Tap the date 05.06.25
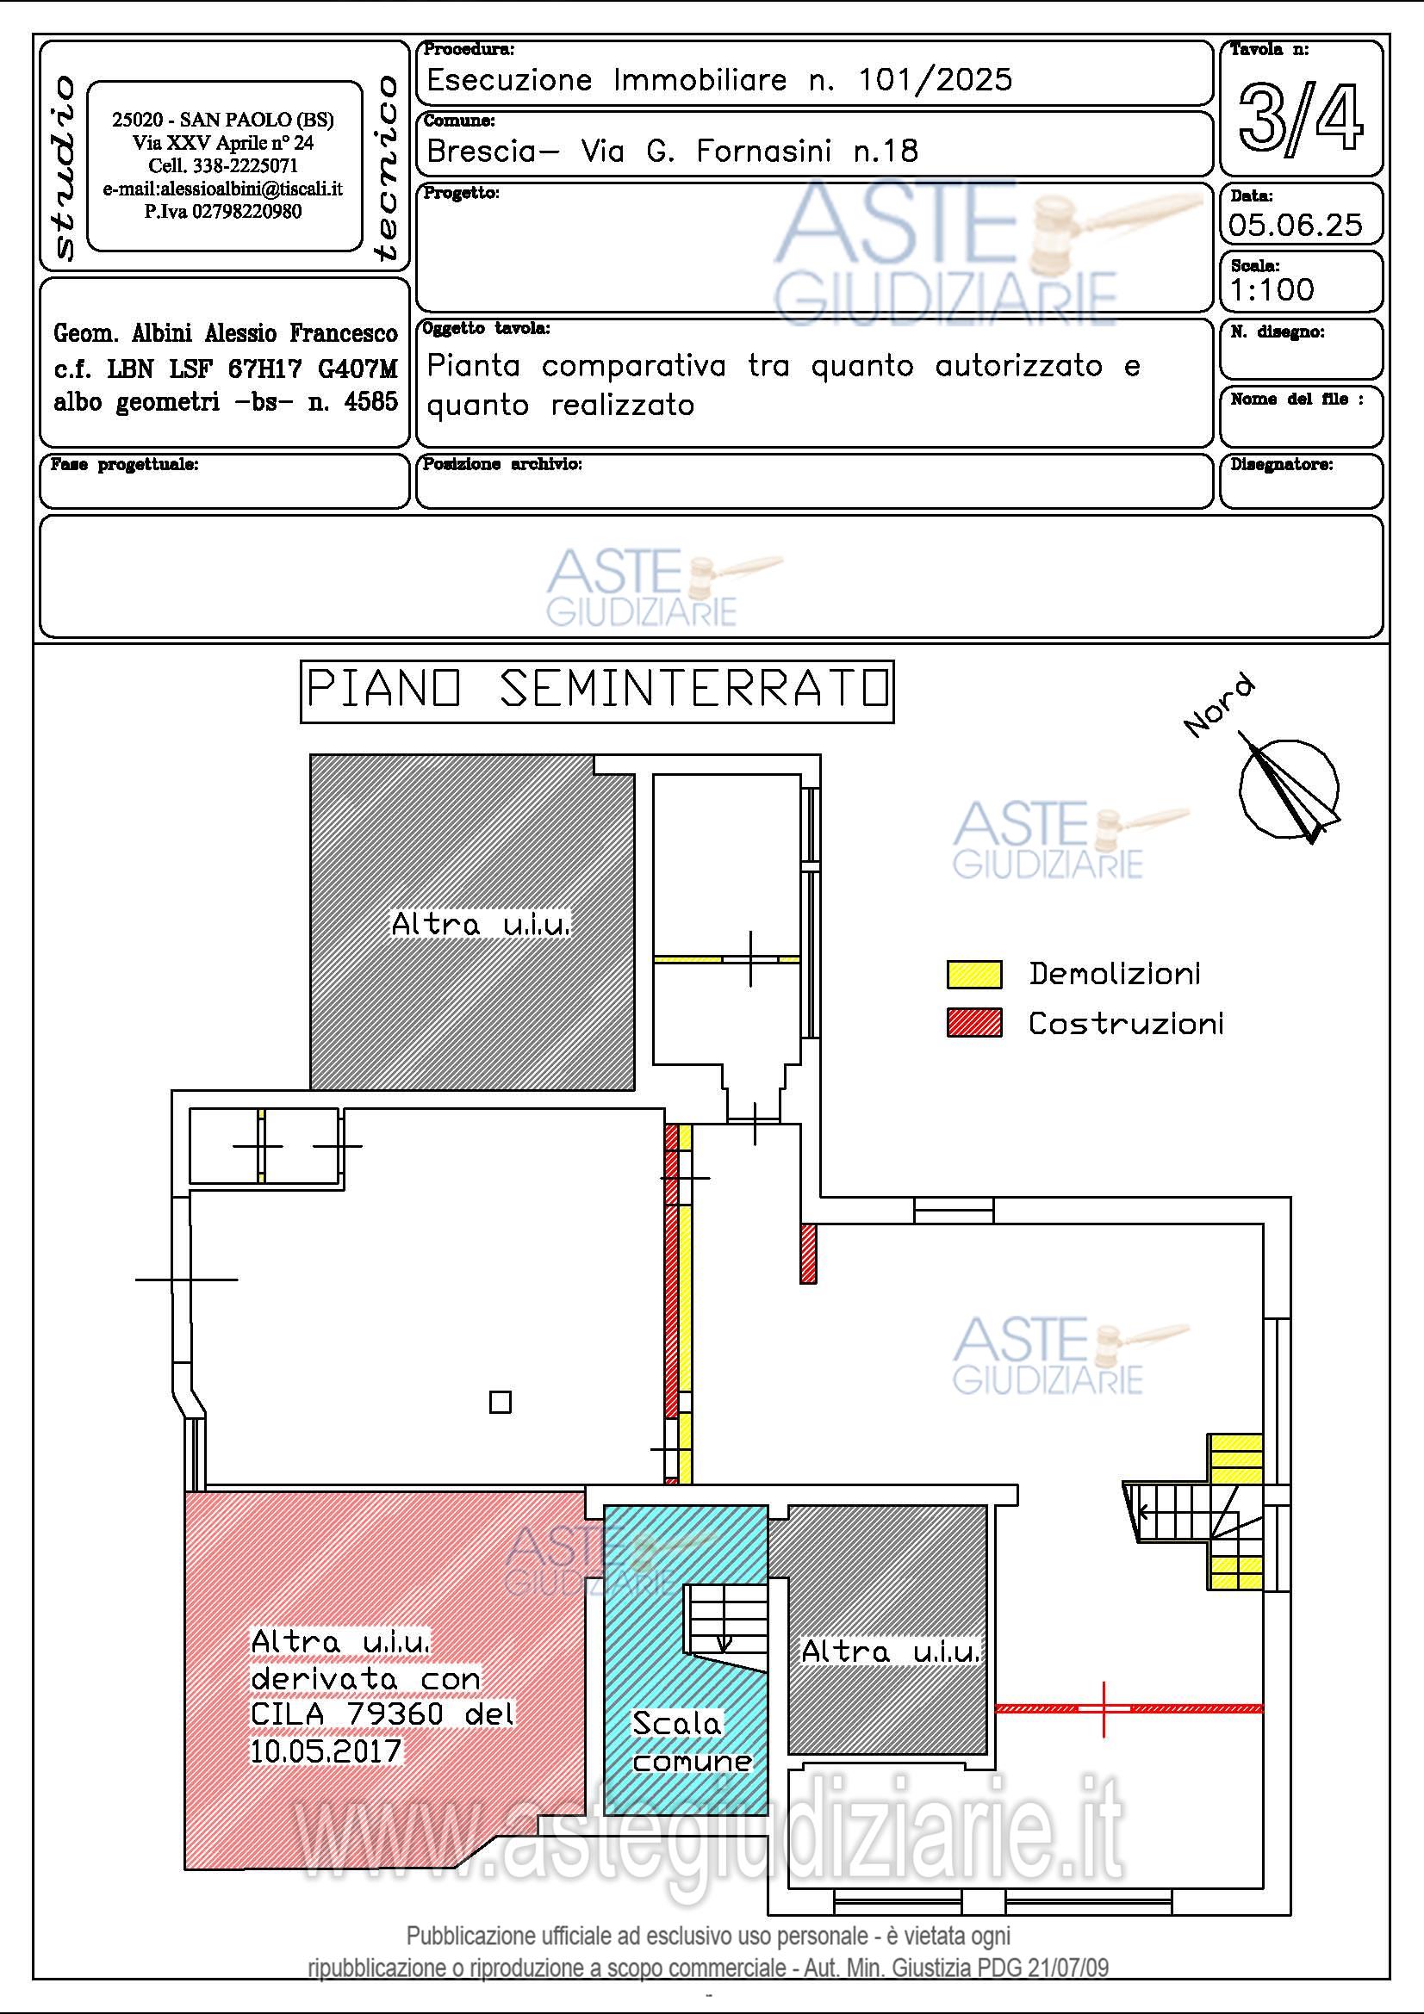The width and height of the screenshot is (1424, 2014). [x=1295, y=225]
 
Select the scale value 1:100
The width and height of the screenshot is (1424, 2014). [x=1272, y=289]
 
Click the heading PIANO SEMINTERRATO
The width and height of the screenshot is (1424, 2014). [x=597, y=691]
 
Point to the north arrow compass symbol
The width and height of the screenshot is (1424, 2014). [x=1289, y=788]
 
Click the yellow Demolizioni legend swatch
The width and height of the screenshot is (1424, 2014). [x=974, y=974]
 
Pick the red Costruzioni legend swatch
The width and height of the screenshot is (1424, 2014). [x=974, y=1023]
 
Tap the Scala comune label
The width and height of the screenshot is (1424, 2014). [x=692, y=1742]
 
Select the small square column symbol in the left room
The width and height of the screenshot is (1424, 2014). [x=501, y=1402]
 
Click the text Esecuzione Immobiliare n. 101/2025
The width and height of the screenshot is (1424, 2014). [x=719, y=81]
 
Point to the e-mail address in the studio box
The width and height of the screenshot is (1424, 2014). [x=223, y=189]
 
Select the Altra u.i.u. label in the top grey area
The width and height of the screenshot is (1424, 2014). [x=481, y=924]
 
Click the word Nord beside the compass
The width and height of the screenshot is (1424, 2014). [x=1220, y=707]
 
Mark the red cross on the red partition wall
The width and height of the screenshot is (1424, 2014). [x=1104, y=1708]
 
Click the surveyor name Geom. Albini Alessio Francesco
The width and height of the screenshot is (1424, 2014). [x=226, y=333]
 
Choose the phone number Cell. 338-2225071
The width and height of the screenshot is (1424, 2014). [x=223, y=166]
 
